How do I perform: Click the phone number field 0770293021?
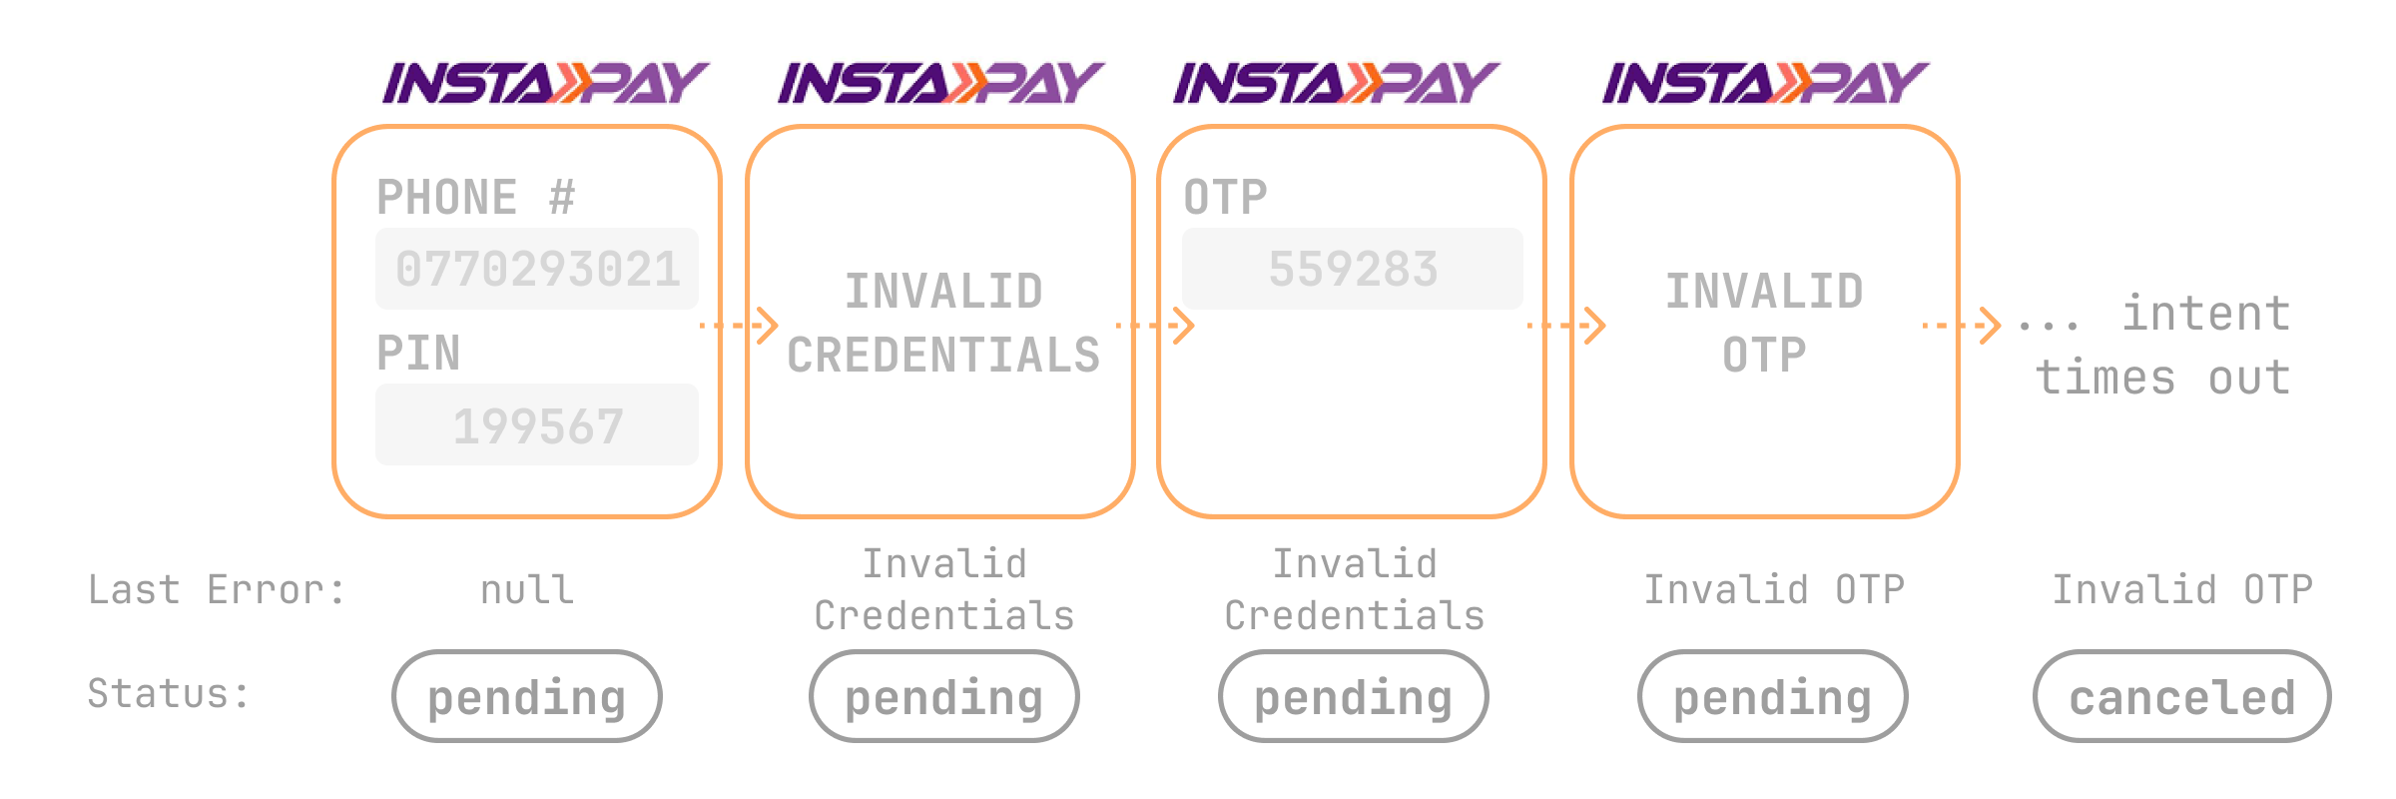click(x=537, y=269)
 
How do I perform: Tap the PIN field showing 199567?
click(x=537, y=425)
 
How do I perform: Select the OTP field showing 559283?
click(x=1352, y=269)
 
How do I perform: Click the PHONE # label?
click(x=476, y=197)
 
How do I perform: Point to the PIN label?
click(x=418, y=353)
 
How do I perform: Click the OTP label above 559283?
click(x=1225, y=197)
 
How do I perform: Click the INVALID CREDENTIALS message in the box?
click(x=942, y=324)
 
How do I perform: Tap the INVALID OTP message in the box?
click(x=1764, y=324)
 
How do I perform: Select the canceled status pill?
click(x=2181, y=696)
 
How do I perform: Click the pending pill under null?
click(x=527, y=696)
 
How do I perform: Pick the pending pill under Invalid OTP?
click(x=1772, y=696)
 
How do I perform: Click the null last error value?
click(x=527, y=590)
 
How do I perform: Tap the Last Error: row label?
click(x=217, y=590)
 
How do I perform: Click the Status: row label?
click(x=168, y=693)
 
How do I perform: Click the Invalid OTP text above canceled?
click(x=2181, y=590)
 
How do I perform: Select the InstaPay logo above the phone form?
click(x=545, y=83)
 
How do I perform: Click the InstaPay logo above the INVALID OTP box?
click(x=1765, y=83)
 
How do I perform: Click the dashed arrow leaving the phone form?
click(x=739, y=325)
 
